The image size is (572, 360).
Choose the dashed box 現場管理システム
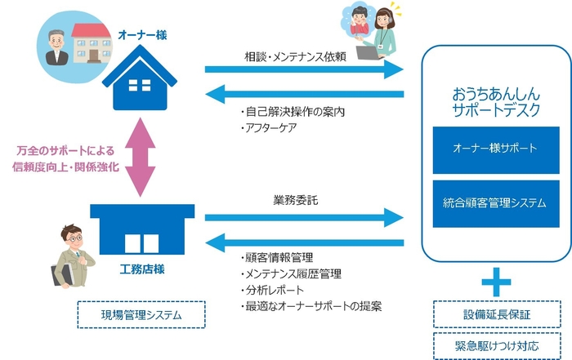pos(141,315)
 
